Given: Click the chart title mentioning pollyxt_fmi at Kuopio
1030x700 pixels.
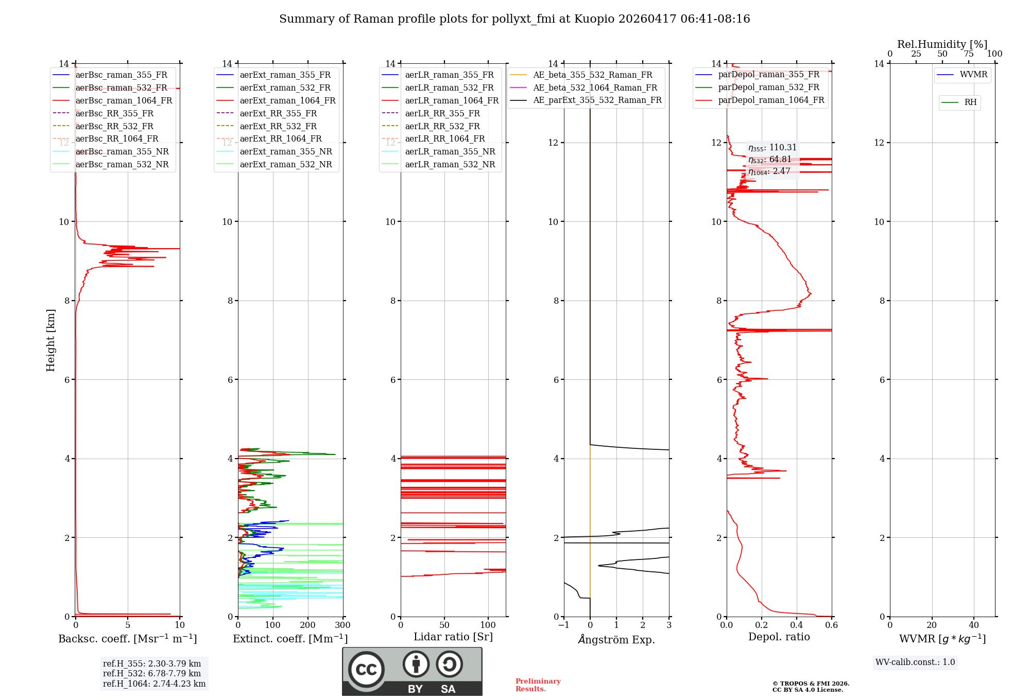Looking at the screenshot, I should tap(514, 19).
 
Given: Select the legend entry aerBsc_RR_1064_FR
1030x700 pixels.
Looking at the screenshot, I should tap(116, 139).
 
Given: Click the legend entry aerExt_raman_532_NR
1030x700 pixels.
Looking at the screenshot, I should tap(286, 165).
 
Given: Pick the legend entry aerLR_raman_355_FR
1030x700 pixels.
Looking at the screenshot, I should tap(449, 75).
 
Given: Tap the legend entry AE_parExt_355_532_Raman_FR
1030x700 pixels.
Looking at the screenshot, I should tap(597, 100).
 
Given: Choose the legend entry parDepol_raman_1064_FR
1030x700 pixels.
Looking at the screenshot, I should tap(771, 100).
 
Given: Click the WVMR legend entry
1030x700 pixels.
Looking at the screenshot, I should tap(973, 75).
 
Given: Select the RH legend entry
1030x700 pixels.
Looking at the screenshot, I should tap(970, 102).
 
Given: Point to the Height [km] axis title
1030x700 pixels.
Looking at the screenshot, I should tap(50, 340).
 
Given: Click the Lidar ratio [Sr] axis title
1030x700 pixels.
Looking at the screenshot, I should tap(453, 637).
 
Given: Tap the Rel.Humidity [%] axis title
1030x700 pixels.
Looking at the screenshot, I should tap(942, 44).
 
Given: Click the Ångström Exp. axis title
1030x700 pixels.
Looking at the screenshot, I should tap(616, 640).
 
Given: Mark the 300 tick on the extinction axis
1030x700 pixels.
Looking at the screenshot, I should tap(342, 625).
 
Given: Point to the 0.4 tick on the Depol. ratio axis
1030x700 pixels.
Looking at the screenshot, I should tap(797, 625).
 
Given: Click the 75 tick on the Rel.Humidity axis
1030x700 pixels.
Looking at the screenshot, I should tap(969, 54).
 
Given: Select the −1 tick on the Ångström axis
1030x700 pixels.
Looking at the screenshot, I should tap(563, 625).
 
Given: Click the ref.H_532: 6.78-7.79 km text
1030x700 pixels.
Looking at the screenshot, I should tap(152, 673).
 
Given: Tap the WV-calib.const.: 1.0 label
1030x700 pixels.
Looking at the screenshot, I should tap(915, 662).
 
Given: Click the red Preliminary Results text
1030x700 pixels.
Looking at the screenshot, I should tap(538, 685).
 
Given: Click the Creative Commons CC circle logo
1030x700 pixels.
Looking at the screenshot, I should tap(366, 670).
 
